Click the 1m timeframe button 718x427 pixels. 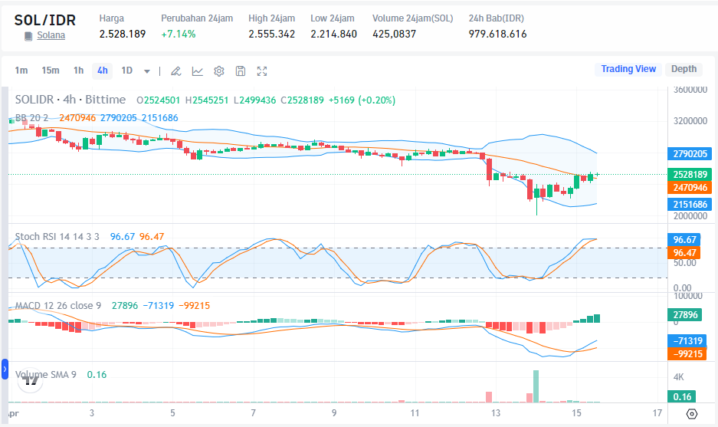(x=21, y=71)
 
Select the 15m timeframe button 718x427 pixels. (x=51, y=71)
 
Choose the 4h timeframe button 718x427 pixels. (x=102, y=71)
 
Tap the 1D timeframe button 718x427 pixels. (x=127, y=71)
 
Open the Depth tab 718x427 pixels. (x=684, y=69)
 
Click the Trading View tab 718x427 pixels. (x=628, y=69)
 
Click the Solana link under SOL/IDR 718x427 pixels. (x=51, y=35)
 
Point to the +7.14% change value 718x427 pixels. (x=178, y=34)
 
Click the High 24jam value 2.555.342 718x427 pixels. (x=271, y=34)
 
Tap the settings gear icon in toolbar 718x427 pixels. (x=218, y=71)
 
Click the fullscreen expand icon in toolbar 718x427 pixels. (x=262, y=71)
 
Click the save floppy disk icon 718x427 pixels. (x=241, y=71)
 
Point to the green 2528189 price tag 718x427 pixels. (x=690, y=175)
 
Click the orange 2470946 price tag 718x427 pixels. (x=690, y=187)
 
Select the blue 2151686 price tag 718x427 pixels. (x=690, y=205)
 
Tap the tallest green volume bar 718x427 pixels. (x=536, y=386)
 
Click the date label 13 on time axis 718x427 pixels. (x=496, y=413)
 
